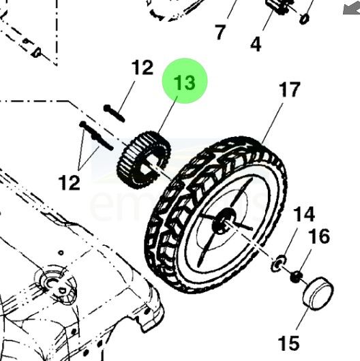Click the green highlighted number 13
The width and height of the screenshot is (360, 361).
click(x=184, y=82)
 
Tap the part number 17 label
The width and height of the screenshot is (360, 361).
click(x=290, y=89)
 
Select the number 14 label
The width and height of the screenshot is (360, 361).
click(x=304, y=214)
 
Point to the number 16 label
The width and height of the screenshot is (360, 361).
click(x=320, y=236)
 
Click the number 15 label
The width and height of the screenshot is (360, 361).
click(x=289, y=343)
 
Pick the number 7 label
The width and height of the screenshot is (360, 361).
click(x=220, y=32)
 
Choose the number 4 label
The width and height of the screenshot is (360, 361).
click(x=256, y=44)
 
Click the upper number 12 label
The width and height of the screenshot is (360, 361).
click(x=142, y=67)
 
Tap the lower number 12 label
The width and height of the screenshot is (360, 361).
click(x=69, y=183)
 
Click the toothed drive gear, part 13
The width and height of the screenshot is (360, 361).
click(x=143, y=159)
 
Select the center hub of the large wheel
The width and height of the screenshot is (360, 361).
click(x=224, y=221)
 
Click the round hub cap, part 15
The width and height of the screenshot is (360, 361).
click(x=318, y=293)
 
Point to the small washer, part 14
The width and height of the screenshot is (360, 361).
click(x=278, y=263)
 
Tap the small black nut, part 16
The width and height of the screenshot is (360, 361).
click(x=296, y=277)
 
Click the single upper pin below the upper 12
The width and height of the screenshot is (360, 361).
click(x=114, y=113)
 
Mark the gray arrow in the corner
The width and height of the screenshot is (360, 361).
click(x=351, y=8)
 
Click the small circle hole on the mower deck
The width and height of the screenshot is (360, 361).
click(x=61, y=253)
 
